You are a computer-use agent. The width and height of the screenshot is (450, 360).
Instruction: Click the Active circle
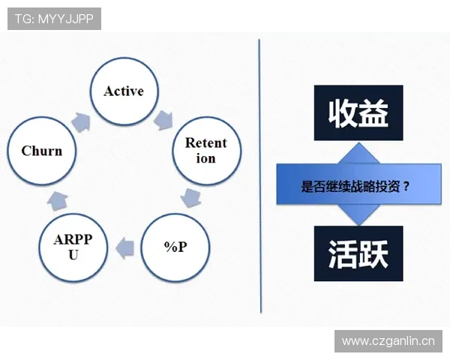pos(123,91)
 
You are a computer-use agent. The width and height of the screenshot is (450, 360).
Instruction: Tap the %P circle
pos(175,247)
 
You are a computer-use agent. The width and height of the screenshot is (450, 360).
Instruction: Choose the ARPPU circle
pos(72,247)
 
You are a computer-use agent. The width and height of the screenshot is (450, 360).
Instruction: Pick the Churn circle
pos(41,151)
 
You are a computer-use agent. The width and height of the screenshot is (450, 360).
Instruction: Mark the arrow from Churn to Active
pos(79,118)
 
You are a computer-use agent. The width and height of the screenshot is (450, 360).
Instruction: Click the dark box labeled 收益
pos(358,113)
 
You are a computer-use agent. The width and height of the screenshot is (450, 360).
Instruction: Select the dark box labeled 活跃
pos(358,253)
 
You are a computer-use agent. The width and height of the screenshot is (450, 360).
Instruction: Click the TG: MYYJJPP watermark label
pos(54,18)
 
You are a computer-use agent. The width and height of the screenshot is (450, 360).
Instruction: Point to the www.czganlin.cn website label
pos(388,342)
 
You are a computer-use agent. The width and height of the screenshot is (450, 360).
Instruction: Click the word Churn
pos(41,151)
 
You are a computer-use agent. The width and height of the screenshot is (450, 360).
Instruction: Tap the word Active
pos(123,91)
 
